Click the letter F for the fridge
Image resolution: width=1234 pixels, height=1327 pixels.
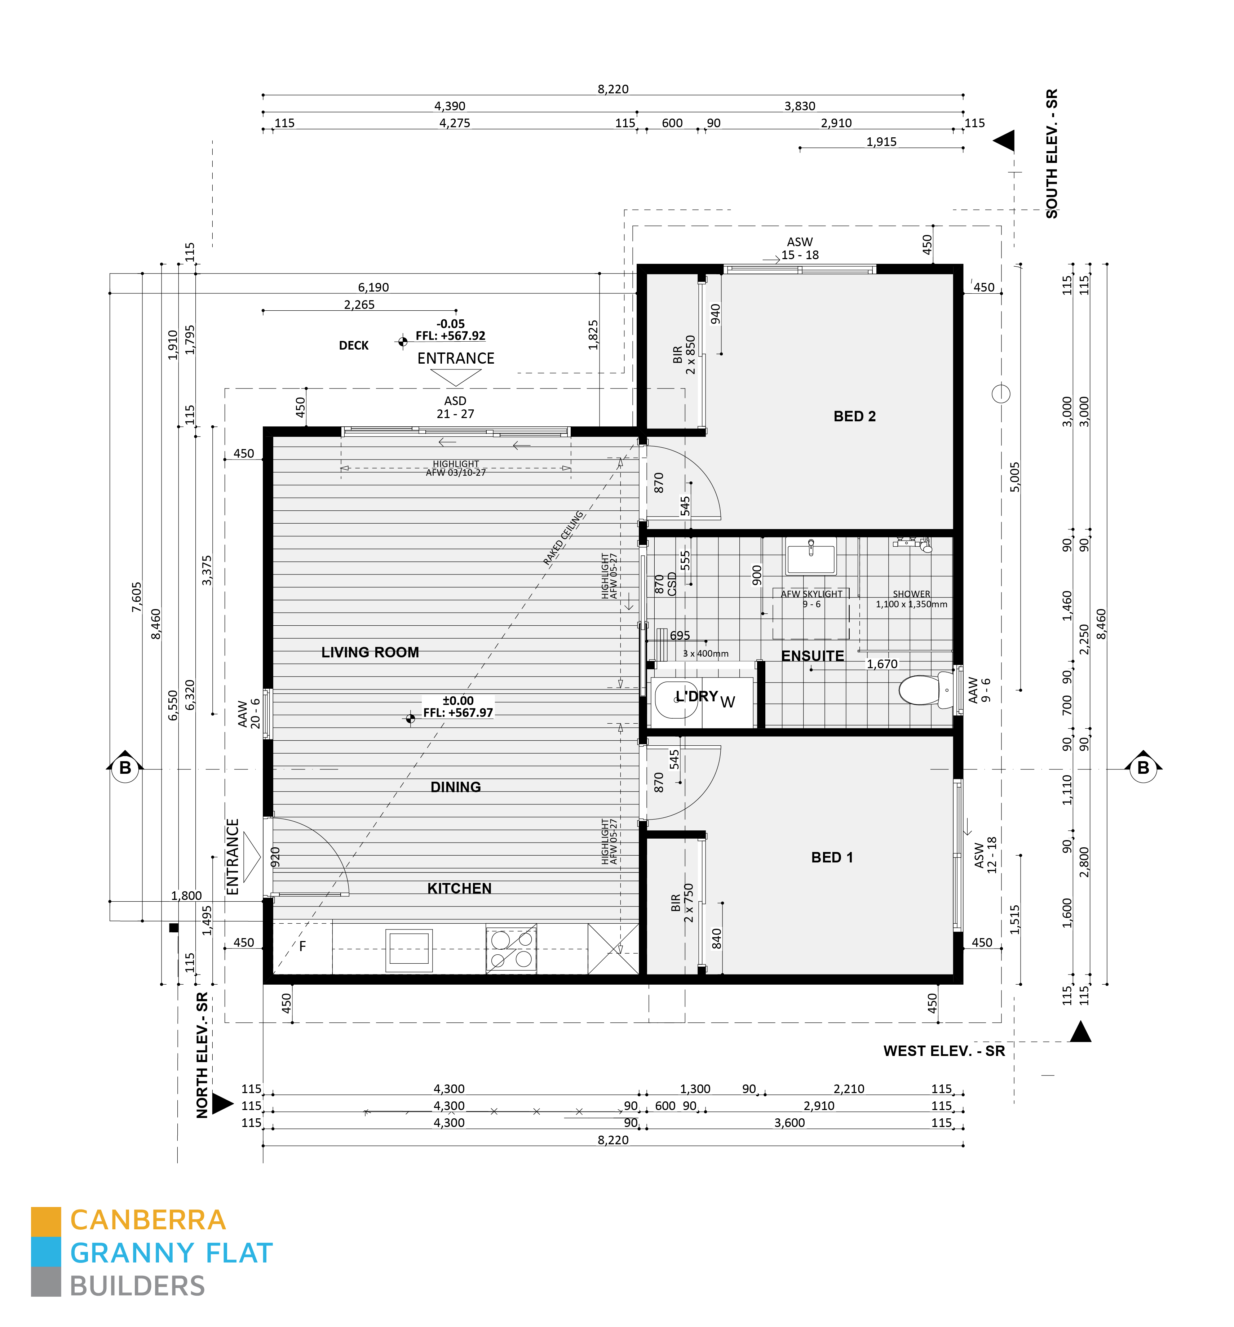[x=302, y=946]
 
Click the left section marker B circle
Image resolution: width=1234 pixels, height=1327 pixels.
[x=125, y=768]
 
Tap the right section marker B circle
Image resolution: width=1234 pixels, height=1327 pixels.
[x=1143, y=768]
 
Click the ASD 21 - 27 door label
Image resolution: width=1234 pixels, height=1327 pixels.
[x=455, y=407]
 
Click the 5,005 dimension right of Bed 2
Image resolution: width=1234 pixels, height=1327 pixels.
[x=1015, y=477]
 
